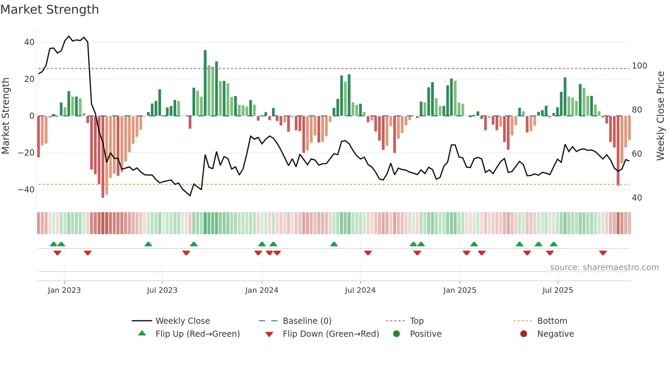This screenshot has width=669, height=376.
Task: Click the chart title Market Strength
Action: click(x=49, y=10)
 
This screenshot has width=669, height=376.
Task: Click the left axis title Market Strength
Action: click(x=6, y=116)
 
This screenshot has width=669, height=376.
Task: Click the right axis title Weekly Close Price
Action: click(x=661, y=116)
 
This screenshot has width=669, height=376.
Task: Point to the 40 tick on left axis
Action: click(x=29, y=42)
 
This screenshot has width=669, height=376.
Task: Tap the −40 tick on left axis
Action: click(x=26, y=189)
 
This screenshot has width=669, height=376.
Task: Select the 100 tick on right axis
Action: click(x=639, y=66)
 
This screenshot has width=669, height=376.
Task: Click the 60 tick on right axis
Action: click(x=637, y=154)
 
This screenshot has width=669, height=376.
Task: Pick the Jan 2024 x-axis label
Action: click(x=262, y=290)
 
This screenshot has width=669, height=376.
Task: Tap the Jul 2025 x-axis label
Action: click(x=558, y=290)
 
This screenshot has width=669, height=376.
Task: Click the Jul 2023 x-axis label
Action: click(x=162, y=290)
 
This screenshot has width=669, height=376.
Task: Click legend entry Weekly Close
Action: click(x=183, y=321)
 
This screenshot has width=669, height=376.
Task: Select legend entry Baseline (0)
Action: click(x=307, y=321)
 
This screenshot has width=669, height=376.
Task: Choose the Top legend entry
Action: click(x=416, y=321)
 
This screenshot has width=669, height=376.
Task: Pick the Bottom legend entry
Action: click(x=552, y=321)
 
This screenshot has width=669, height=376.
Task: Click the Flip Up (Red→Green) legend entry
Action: click(x=198, y=334)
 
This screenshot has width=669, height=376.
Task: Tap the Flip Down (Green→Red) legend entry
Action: click(x=331, y=334)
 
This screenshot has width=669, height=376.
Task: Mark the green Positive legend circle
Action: click(x=396, y=334)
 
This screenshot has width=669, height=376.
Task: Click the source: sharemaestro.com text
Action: click(x=604, y=267)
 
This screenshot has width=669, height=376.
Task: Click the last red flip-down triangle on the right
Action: click(x=603, y=253)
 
